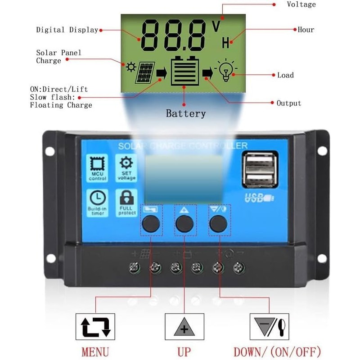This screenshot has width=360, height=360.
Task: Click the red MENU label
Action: click(95, 351)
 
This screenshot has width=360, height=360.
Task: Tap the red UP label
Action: click(184, 351)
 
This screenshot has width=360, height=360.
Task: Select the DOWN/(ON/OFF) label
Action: click(277, 351)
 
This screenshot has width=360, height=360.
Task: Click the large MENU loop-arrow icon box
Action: click(95, 327)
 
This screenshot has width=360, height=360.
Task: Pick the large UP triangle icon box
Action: click(184, 327)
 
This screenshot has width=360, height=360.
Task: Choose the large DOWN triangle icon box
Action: click(270, 327)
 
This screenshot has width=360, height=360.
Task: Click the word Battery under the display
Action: click(185, 113)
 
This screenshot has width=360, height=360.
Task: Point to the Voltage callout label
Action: click(301, 4)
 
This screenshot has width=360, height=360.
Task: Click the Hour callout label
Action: click(306, 30)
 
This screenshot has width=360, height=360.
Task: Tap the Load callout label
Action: click(285, 75)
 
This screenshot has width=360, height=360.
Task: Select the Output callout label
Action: click(289, 103)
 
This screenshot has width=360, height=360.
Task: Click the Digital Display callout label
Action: click(67, 30)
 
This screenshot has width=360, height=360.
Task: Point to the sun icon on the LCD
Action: click(131, 67)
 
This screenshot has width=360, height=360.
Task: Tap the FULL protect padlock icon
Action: click(126, 198)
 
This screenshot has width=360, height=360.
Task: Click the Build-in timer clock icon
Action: click(98, 198)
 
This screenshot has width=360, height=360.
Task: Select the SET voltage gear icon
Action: click(126, 162)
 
